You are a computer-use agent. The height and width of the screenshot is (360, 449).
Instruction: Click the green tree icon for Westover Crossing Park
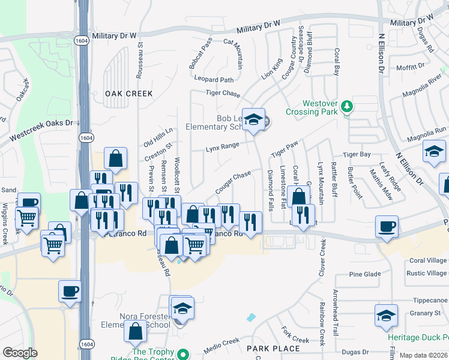(x=346, y=107)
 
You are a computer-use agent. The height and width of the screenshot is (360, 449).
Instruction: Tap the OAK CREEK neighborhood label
(x=128, y=94)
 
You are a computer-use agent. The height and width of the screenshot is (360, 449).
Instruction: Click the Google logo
(x=20, y=353)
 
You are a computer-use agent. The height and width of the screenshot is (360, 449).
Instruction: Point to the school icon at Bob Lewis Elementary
(x=253, y=119)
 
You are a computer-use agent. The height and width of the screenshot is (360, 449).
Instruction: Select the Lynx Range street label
(x=223, y=146)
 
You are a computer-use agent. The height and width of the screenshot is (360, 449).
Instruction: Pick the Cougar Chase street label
(x=233, y=178)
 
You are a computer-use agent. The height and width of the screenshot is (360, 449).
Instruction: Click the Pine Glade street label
(x=365, y=274)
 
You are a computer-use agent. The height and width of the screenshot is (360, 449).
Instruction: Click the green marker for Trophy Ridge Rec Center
(x=184, y=353)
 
